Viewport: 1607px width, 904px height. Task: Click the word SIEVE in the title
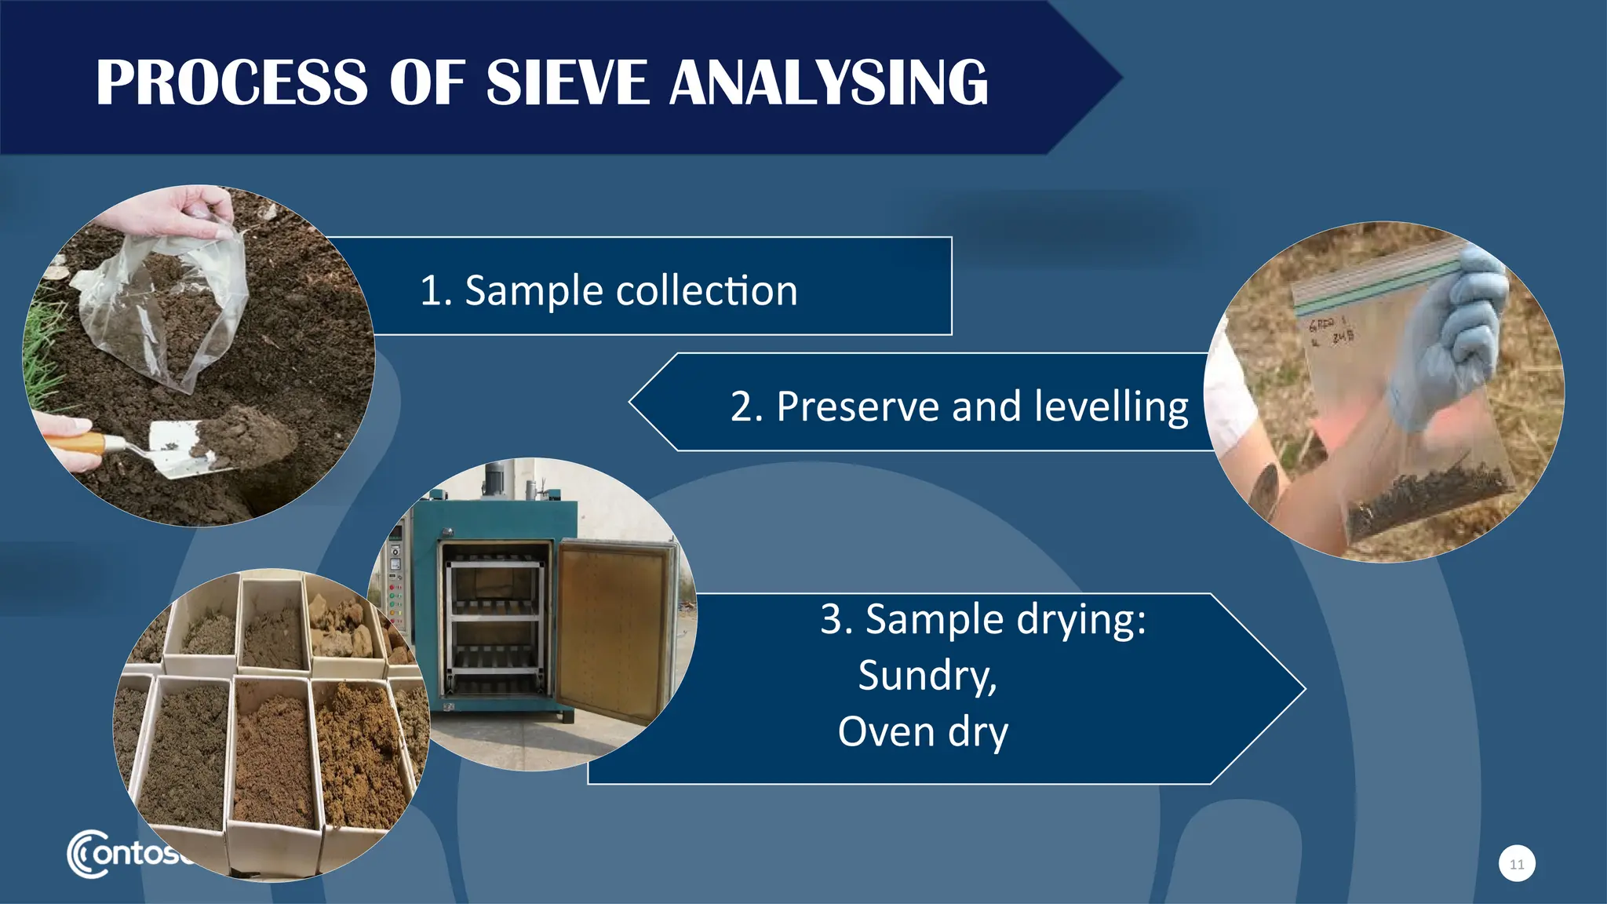[x=567, y=82]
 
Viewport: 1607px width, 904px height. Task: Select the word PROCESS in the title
[x=231, y=82]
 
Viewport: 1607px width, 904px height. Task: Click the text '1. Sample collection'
[x=609, y=290]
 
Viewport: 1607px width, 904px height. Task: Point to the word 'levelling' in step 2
[x=1111, y=406]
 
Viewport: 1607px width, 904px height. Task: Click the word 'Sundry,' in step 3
[x=927, y=675]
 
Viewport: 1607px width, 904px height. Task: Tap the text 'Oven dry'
[x=923, y=731]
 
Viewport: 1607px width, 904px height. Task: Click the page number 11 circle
[x=1517, y=864]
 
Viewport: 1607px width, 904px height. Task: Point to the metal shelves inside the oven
[x=494, y=620]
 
